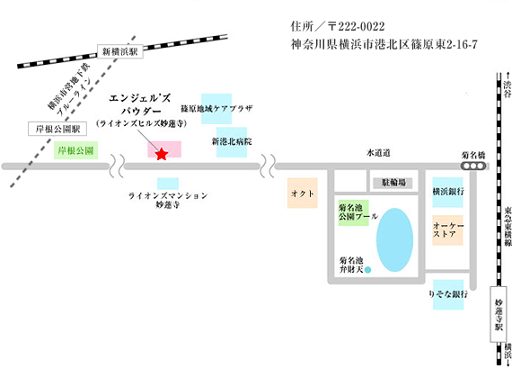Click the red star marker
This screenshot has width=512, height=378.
[x=162, y=154]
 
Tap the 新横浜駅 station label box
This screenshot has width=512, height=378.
[x=120, y=51]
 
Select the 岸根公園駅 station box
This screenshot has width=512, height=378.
[x=57, y=129]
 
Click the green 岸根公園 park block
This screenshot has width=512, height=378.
[x=75, y=150]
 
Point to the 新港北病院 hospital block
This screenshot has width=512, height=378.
[x=232, y=142]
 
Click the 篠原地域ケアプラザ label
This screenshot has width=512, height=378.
[x=216, y=108]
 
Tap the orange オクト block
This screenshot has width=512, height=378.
[x=303, y=193]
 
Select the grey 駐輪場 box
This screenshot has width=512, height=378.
[x=393, y=183]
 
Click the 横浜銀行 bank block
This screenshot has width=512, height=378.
[x=447, y=192]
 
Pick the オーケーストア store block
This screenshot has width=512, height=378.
[x=447, y=230]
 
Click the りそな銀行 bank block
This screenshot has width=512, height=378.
[x=448, y=294]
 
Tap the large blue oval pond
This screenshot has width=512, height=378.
[x=394, y=240]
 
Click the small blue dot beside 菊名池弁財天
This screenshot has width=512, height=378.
[x=368, y=270]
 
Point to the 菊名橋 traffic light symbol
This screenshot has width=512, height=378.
[x=473, y=166]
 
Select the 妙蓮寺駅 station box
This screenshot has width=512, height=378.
[x=499, y=314]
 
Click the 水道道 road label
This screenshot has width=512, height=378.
[x=378, y=153]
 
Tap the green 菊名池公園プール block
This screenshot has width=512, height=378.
[x=354, y=212]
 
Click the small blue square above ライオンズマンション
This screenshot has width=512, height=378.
[x=168, y=184]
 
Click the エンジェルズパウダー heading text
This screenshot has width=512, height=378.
[x=140, y=104]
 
